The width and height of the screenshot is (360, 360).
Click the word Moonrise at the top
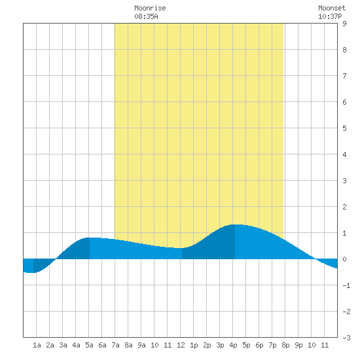tap(150, 8)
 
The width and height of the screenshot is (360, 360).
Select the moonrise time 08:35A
tap(146, 16)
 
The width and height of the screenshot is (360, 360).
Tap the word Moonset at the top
tap(332, 8)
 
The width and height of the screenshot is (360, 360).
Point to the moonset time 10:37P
tap(330, 16)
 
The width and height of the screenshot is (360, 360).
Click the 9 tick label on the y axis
tap(344, 24)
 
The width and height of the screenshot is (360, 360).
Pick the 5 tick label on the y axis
tap(344, 128)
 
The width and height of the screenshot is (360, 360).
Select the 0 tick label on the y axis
tap(344, 259)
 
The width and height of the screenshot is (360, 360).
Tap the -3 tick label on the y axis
tap(346, 338)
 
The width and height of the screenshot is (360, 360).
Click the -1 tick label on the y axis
tap(346, 285)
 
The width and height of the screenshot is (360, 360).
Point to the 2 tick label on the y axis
tap(344, 207)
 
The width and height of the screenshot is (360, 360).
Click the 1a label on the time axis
tap(37, 345)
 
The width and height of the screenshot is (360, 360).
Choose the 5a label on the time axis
tap(89, 345)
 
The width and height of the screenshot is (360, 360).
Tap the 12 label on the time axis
tap(181, 345)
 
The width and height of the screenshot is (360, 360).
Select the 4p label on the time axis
tap(233, 345)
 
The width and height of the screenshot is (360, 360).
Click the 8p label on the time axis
tap(285, 345)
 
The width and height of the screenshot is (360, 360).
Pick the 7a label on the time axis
tap(115, 345)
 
